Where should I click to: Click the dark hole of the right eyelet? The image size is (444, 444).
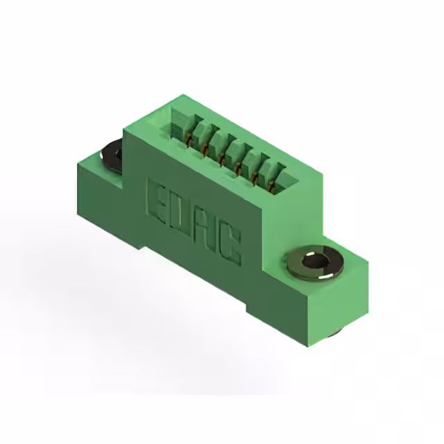pyautogui.click(x=314, y=261)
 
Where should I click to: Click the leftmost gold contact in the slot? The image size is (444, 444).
pyautogui.click(x=188, y=141)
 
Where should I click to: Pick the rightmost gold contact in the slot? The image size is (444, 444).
pyautogui.click(x=272, y=187)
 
